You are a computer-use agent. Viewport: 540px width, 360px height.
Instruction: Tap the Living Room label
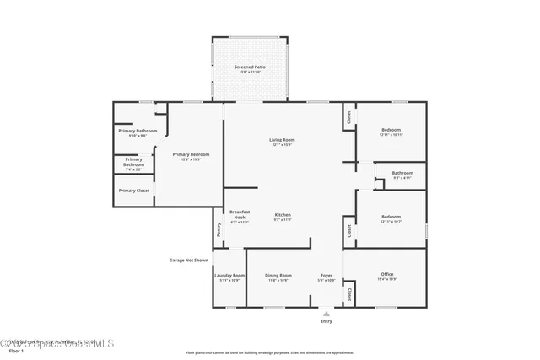(x=282, y=140)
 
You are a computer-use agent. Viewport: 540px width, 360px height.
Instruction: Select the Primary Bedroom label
(x=191, y=154)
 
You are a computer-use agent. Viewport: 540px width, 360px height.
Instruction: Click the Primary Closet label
(x=133, y=191)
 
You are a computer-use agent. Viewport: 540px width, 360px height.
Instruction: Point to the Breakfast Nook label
(x=240, y=214)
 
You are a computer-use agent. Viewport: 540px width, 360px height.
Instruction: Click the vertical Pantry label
(x=218, y=228)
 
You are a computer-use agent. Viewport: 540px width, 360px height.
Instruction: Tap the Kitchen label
(x=283, y=216)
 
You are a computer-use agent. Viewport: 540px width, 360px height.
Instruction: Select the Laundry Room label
(x=229, y=276)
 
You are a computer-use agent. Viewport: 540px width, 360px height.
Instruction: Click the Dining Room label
(x=278, y=276)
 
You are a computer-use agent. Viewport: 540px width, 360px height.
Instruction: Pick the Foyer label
(x=326, y=276)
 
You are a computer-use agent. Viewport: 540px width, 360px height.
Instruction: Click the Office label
(x=387, y=275)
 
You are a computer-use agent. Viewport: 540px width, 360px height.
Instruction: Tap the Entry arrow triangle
(x=327, y=312)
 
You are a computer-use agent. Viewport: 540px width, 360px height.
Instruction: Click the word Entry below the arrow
(x=327, y=321)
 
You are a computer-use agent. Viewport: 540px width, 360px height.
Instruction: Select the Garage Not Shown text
(x=189, y=261)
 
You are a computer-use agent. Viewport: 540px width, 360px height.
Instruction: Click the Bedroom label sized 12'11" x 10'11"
(x=391, y=130)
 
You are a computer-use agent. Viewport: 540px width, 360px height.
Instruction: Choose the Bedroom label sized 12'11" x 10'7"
(x=391, y=217)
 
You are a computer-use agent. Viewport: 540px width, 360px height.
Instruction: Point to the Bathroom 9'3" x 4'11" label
(x=402, y=174)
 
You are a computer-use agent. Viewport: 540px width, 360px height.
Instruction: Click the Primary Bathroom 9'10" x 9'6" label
(x=137, y=132)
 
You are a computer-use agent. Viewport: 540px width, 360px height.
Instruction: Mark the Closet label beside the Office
(x=349, y=293)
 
